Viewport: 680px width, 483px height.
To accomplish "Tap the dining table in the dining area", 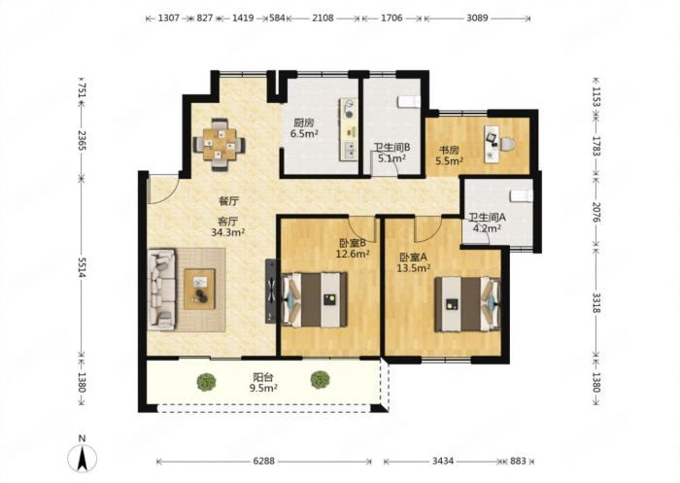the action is click(x=219, y=144).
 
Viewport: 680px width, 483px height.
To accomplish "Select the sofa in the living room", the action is click(x=161, y=290).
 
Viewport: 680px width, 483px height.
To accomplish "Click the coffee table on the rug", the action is click(x=199, y=289).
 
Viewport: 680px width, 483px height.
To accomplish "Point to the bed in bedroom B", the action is click(x=315, y=299).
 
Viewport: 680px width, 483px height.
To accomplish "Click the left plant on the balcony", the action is click(x=206, y=382).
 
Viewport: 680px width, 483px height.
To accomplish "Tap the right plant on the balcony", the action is click(x=320, y=380).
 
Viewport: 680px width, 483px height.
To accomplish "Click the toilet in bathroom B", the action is click(x=409, y=101).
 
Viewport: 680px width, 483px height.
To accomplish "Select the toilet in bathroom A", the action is click(x=521, y=195).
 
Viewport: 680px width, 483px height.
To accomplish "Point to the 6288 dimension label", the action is click(x=263, y=461).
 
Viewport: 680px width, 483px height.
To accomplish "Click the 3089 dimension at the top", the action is click(x=477, y=18).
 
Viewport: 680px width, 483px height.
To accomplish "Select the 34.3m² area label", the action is click(x=228, y=232).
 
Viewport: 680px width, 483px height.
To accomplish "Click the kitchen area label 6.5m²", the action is click(x=304, y=134).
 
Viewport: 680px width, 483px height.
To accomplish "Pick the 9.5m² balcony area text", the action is click(x=263, y=388).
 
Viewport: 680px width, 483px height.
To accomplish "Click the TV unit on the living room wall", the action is click(x=270, y=291).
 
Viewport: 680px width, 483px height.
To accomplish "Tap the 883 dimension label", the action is click(x=518, y=461).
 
